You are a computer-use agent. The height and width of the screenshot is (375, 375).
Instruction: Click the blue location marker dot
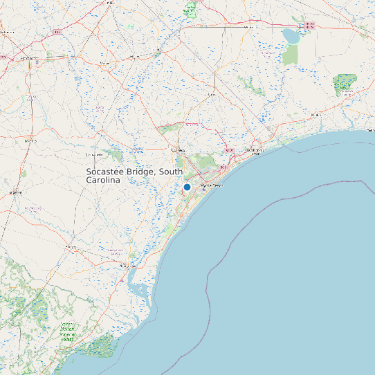pyautogui.click(x=187, y=187)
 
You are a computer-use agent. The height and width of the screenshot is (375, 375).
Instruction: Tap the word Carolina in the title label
pyautogui.click(x=103, y=180)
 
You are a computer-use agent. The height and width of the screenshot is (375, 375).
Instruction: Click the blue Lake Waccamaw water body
pyautogui.click(x=291, y=35)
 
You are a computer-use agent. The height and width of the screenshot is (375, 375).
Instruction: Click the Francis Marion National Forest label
pyautogui.click(x=67, y=331)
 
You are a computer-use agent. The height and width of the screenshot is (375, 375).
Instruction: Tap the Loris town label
pyautogui.click(x=212, y=93)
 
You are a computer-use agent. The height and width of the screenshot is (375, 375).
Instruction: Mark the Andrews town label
pyautogui.click(x=70, y=246)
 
